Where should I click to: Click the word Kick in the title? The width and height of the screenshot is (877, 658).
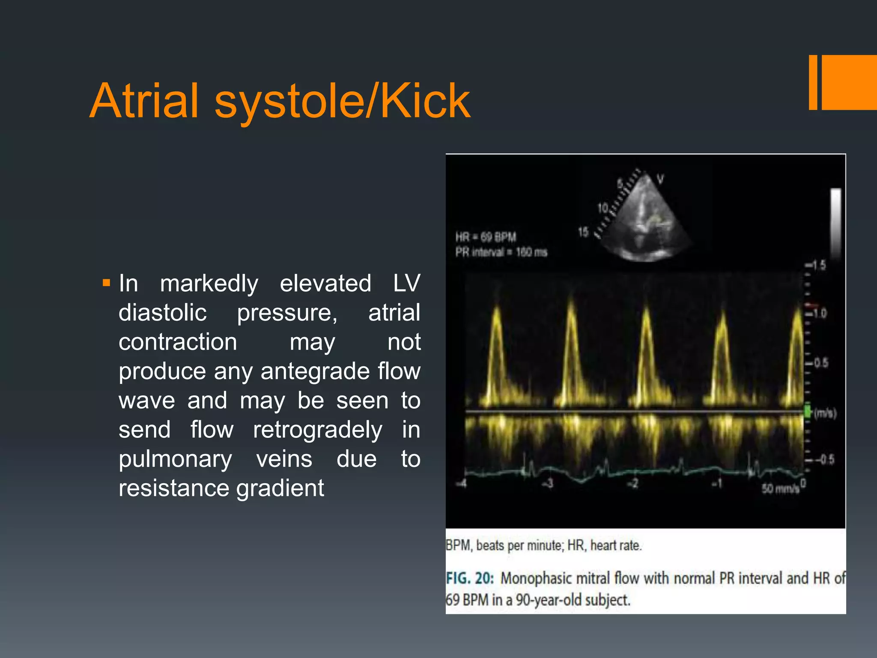click(425, 101)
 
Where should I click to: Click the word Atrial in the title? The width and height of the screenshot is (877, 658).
click(145, 101)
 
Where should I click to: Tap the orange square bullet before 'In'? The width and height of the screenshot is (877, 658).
click(107, 283)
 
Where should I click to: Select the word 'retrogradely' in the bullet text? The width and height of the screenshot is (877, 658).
click(317, 430)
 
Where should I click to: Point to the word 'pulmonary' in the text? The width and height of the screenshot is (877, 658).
click(175, 459)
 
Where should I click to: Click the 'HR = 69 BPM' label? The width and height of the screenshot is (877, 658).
click(486, 237)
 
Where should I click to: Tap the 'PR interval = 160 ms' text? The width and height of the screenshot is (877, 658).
click(501, 252)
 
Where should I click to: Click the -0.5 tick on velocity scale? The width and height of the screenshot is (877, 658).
click(823, 460)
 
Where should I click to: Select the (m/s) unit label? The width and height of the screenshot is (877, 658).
click(825, 413)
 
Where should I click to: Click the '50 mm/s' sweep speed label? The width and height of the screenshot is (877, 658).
click(780, 488)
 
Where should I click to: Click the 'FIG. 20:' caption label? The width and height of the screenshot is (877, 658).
click(470, 578)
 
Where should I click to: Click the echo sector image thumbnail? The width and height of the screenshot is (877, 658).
click(642, 218)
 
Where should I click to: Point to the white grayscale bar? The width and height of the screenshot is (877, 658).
click(836, 223)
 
